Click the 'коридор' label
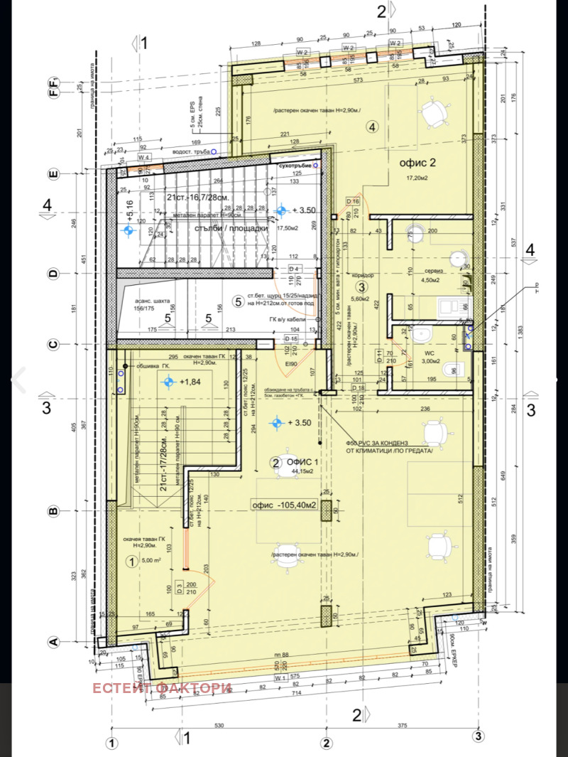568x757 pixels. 363,275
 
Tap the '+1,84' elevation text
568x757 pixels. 190,382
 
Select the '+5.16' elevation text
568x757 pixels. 129,212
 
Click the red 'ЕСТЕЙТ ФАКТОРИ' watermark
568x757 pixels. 161,688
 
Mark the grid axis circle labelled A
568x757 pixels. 52,641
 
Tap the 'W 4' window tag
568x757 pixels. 144,157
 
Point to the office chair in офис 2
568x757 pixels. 432,111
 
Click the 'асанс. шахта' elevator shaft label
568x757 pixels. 150,304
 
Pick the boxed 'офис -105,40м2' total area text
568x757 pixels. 283,505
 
